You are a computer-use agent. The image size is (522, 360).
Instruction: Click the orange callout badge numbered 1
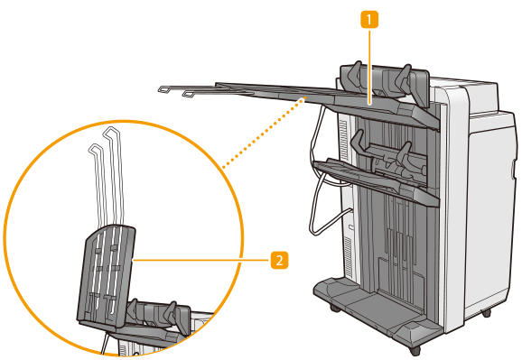pos(369,20)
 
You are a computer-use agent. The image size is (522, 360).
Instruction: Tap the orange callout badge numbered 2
pos(279,260)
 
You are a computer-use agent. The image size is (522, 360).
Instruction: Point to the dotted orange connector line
pos(264,133)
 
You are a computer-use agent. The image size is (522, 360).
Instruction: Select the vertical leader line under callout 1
pos(369,67)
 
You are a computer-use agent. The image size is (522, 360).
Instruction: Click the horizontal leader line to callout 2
pos(201,260)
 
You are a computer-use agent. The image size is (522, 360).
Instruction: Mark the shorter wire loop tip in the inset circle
pos(95,148)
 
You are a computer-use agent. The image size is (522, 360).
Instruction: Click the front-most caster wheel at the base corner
pos(415,350)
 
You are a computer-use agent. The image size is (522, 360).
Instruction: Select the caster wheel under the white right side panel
pos(487,313)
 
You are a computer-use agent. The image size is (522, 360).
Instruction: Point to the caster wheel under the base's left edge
pos(335,308)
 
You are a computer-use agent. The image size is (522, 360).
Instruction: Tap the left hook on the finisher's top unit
pos(354,74)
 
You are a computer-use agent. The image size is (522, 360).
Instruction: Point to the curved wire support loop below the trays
pos(315,187)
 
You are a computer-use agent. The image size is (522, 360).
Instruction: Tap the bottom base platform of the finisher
pos(377,309)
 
